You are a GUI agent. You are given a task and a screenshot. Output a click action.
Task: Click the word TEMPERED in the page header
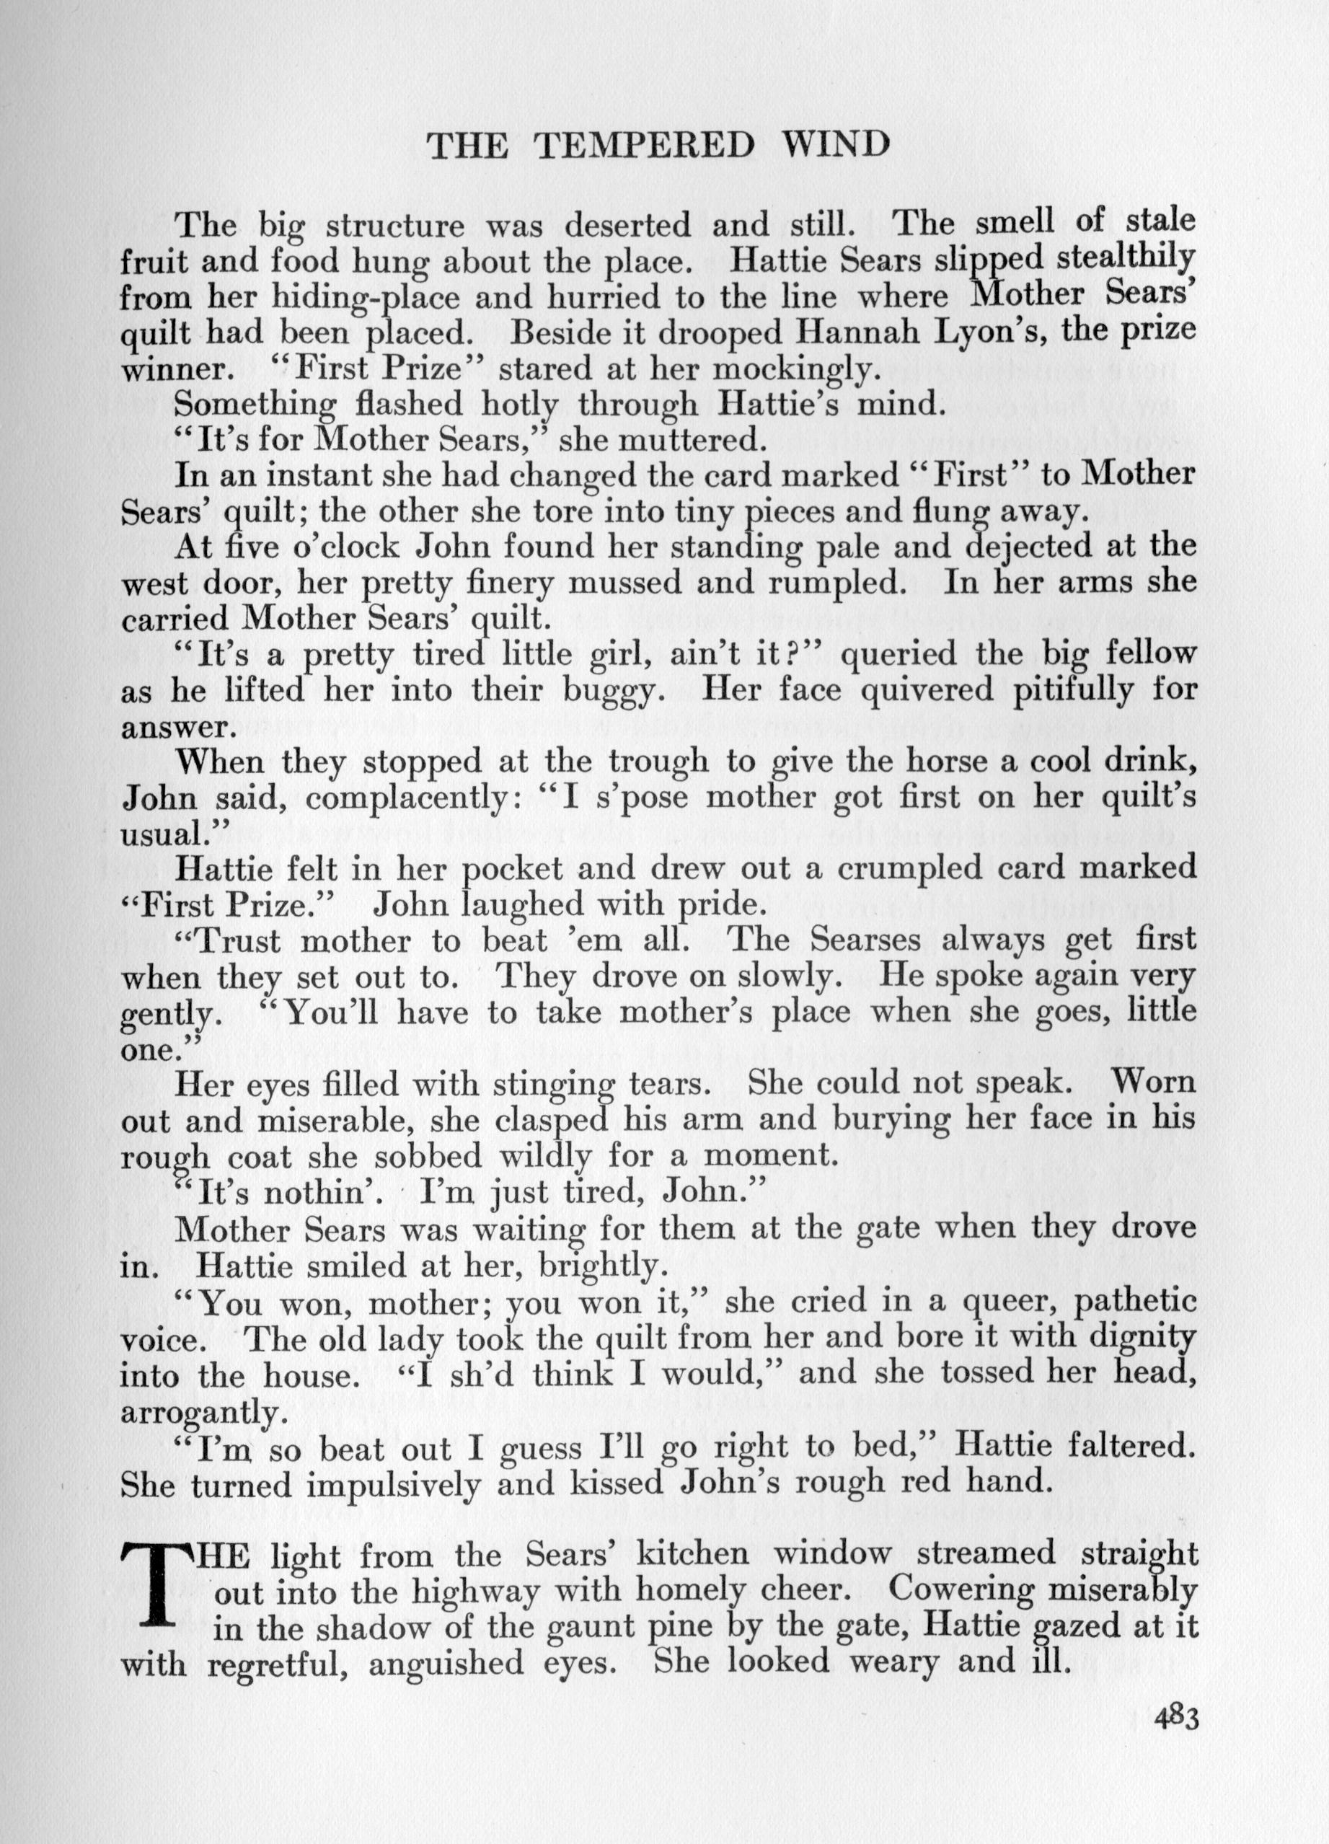646,146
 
